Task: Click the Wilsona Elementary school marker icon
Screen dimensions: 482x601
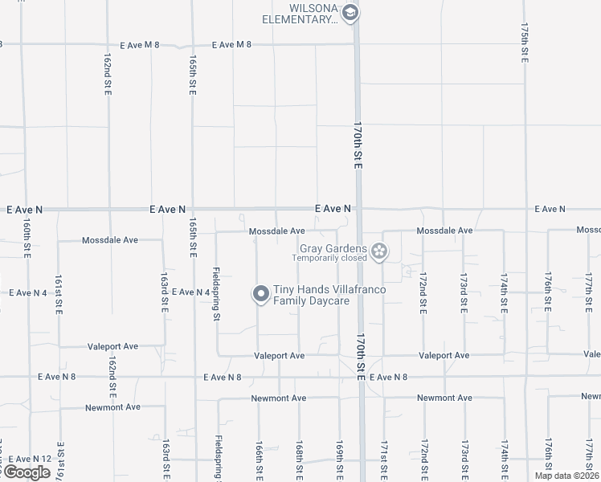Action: (x=350, y=13)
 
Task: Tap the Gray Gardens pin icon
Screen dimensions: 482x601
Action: (x=379, y=253)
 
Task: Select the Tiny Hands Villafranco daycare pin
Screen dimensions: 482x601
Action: (x=260, y=295)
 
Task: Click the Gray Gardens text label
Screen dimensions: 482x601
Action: (x=333, y=248)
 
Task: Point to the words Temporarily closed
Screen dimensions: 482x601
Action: (x=329, y=258)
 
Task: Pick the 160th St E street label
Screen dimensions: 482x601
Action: (x=27, y=239)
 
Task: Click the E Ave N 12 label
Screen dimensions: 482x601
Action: (x=29, y=459)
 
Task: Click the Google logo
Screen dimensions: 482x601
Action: (x=27, y=472)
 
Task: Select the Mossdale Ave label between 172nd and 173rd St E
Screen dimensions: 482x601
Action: (x=444, y=231)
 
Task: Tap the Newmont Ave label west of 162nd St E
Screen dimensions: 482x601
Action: (x=112, y=407)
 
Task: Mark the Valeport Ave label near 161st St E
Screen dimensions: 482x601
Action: (x=111, y=346)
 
